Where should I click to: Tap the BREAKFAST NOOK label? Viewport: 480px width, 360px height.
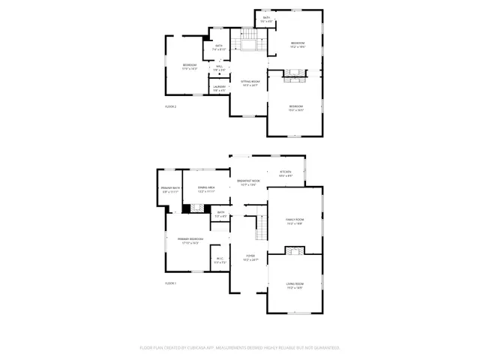248,181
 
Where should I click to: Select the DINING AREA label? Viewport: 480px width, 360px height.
206,189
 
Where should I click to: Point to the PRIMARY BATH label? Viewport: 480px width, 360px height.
170,189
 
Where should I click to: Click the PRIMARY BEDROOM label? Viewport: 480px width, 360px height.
188,240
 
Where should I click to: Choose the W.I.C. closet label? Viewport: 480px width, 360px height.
218,261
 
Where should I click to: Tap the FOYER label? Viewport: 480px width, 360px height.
250,257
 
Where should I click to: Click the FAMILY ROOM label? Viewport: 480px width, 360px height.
294,220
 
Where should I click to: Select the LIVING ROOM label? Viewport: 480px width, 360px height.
294,283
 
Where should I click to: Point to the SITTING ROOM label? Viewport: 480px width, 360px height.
250,82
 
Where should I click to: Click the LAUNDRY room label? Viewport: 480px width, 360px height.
219,88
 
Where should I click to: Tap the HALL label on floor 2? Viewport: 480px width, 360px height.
219,67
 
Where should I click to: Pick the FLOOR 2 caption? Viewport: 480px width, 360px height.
170,106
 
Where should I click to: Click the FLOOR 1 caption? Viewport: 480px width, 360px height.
170,283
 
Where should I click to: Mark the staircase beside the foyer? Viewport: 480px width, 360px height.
261,223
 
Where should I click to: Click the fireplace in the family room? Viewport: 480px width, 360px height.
297,250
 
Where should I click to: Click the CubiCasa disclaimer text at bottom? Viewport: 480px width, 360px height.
240,348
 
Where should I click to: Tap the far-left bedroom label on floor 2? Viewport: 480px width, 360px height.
189,67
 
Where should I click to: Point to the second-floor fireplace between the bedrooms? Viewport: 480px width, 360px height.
295,73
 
